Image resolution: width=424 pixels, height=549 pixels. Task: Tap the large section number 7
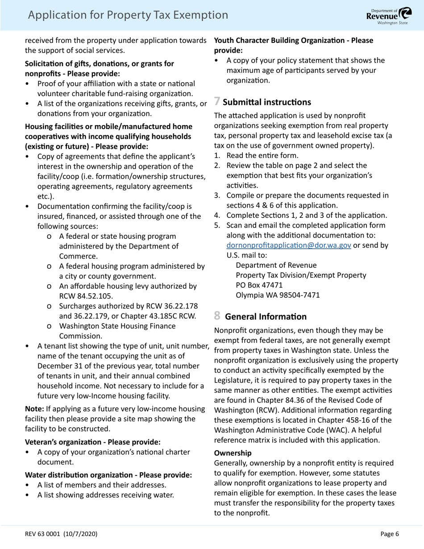pos(217,102)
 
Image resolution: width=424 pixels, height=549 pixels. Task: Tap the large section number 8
pos(217,316)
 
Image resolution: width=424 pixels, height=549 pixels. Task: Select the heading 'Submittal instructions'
pos(267,102)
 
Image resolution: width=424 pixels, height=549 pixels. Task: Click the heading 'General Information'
pos(266,317)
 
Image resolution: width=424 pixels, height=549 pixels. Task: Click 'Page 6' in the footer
pos(390,534)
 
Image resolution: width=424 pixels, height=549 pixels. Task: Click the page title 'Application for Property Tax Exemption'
pos(128,15)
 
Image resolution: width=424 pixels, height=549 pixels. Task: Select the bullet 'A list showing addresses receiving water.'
pos(105,495)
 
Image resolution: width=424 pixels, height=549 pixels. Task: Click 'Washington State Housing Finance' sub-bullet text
pos(117,326)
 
